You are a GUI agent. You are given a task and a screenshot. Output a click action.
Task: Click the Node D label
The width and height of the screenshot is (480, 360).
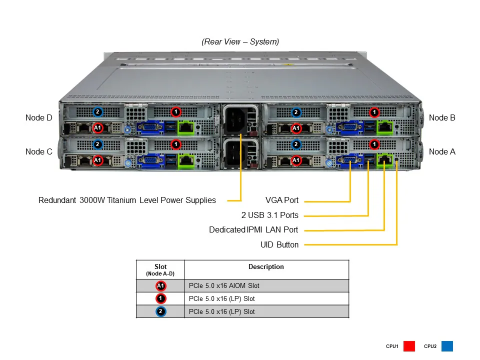click(x=38, y=118)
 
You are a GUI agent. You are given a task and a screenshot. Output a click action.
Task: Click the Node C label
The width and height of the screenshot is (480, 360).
click(x=38, y=151)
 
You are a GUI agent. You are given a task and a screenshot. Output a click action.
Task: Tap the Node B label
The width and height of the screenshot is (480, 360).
click(x=442, y=118)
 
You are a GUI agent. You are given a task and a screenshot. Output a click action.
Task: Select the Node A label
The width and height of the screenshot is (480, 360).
click(x=442, y=151)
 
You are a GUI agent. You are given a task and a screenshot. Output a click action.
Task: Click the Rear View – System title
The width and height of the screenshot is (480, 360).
click(x=240, y=42)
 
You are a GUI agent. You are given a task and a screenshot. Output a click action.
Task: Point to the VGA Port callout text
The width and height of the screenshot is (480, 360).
click(x=281, y=200)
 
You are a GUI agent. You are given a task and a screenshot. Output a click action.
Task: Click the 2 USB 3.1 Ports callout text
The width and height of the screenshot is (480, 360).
click(x=269, y=215)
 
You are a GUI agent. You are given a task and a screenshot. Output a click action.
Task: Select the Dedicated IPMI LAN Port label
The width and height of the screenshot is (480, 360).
click(x=253, y=230)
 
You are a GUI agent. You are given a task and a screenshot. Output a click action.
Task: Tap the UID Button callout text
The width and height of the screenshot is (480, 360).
click(x=279, y=245)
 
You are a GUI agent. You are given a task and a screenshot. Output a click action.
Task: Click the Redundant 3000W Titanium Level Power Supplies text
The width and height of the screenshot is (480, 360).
click(x=127, y=200)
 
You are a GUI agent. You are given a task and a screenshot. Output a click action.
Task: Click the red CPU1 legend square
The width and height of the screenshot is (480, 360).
click(x=409, y=346)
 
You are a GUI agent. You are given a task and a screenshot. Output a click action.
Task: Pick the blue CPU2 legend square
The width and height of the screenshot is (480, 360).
click(x=447, y=346)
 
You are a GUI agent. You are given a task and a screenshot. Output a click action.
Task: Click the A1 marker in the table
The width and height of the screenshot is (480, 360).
click(x=160, y=286)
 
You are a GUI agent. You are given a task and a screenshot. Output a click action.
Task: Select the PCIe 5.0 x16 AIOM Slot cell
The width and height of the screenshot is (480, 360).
click(x=224, y=286)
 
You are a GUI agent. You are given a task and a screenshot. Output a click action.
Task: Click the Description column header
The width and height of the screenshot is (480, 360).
click(x=266, y=267)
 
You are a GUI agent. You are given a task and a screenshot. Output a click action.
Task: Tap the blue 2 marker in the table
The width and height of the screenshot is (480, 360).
click(x=160, y=311)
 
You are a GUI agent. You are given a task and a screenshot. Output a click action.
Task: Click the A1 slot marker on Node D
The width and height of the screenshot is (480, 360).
click(x=98, y=127)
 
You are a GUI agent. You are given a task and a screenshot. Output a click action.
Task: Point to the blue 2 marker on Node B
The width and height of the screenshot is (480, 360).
click(x=296, y=112)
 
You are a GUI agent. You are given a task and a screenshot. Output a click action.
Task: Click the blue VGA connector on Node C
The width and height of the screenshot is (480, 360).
click(x=148, y=160)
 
